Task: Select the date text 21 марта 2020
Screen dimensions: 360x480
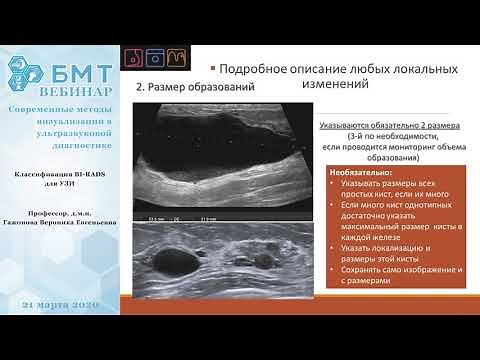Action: [x=62, y=302]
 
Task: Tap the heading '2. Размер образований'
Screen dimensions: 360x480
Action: [x=195, y=88]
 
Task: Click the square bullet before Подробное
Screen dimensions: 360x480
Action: [x=212, y=69]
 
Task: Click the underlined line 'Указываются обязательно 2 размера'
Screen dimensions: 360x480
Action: [x=383, y=127]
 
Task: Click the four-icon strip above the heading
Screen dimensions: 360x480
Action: [x=164, y=57]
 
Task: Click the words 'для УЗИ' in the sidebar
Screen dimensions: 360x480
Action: [x=62, y=184]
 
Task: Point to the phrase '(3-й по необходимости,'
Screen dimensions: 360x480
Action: [x=384, y=138]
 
